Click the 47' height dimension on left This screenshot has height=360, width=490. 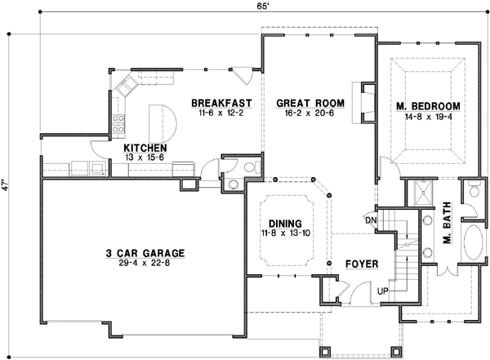[7, 184]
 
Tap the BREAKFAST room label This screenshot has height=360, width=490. [220, 104]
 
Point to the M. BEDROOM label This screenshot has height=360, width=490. [428, 107]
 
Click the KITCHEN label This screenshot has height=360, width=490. [146, 149]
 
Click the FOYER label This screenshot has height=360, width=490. [360, 264]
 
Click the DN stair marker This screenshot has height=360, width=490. [369, 220]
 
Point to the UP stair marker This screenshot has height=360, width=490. [382, 291]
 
